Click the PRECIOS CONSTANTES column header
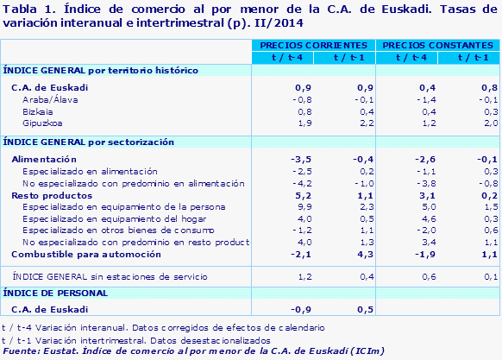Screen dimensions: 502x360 tap(439, 44)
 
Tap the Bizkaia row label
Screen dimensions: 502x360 tap(37, 111)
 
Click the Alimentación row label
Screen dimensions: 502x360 tap(44, 160)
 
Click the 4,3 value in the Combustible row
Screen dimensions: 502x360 tap(363, 255)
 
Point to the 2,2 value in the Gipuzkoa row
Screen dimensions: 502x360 tap(363, 123)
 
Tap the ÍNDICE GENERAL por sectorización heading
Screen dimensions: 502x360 tap(89, 142)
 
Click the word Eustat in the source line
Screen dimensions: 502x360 tap(58, 351)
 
